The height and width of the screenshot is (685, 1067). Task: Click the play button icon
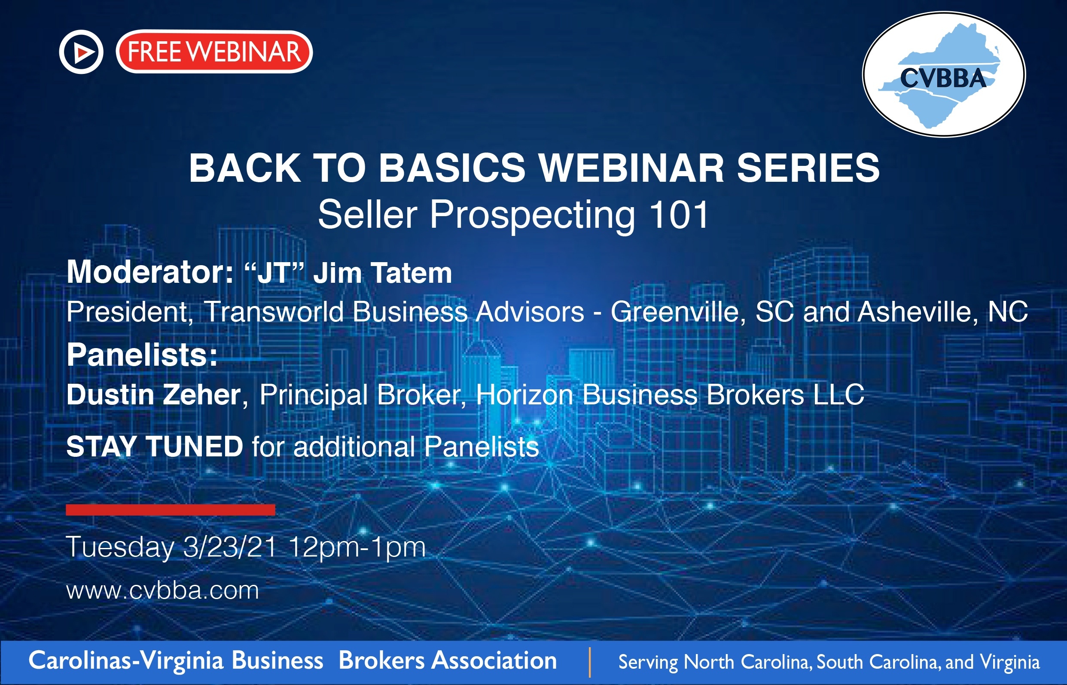(x=81, y=52)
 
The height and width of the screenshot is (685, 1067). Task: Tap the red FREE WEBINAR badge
(x=214, y=52)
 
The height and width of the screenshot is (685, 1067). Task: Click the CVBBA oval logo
(x=944, y=74)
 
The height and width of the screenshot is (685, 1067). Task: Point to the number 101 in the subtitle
(x=679, y=214)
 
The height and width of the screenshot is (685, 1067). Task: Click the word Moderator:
(x=150, y=272)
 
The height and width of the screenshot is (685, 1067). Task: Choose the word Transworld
(x=274, y=312)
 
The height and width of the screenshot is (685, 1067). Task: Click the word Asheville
(x=917, y=312)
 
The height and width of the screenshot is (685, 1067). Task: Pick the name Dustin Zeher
(x=154, y=395)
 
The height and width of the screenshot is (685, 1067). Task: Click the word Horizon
(x=524, y=395)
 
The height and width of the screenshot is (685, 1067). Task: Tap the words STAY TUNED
(x=155, y=446)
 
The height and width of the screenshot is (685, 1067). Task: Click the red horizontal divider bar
(x=170, y=510)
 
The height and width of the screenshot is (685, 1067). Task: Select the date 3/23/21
(x=230, y=547)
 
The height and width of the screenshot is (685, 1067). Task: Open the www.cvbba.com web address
(x=163, y=591)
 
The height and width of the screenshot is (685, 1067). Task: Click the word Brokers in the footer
(x=381, y=660)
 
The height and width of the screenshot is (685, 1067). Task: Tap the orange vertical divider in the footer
(x=589, y=662)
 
